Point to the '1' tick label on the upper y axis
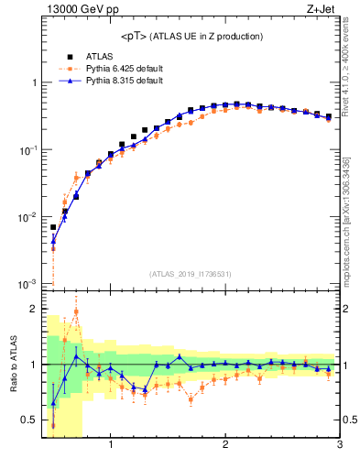tap(34, 82)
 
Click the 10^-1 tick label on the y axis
tap(28, 149)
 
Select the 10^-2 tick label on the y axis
tap(28, 217)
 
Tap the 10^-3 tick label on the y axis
tap(28, 284)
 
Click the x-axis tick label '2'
tap(225, 446)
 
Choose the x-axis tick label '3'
tap(339, 446)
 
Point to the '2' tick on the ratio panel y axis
tap(34, 309)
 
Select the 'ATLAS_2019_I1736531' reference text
tap(191, 274)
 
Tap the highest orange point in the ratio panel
tap(76, 311)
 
